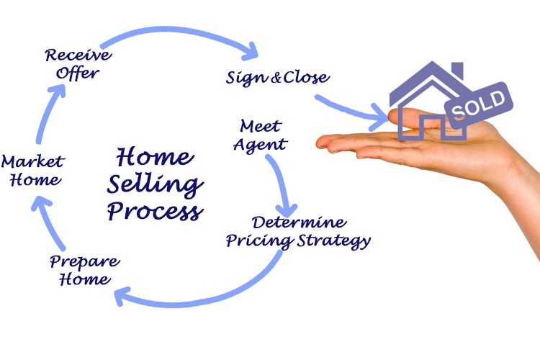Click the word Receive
(x=78, y=55)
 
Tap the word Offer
(x=78, y=73)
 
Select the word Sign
(x=247, y=77)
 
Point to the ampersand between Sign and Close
(x=276, y=78)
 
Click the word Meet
(x=261, y=126)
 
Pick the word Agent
(x=261, y=144)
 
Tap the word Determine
(x=299, y=222)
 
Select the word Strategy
(x=334, y=240)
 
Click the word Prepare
(x=85, y=262)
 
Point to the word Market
(x=33, y=161)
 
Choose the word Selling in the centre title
(x=155, y=185)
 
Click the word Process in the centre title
(x=156, y=211)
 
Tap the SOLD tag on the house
(x=479, y=104)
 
